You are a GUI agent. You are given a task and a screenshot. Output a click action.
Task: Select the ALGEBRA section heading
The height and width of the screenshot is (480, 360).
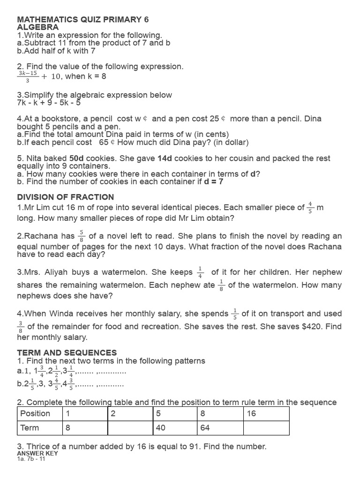pyautogui.click(x=38, y=28)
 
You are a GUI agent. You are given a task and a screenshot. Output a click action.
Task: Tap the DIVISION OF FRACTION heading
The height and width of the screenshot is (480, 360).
pyautogui.click(x=66, y=197)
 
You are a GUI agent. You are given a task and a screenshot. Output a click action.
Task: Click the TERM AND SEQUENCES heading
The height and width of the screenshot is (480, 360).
pyautogui.click(x=67, y=352)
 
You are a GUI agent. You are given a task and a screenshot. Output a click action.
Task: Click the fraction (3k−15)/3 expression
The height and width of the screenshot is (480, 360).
pyautogui.click(x=27, y=76)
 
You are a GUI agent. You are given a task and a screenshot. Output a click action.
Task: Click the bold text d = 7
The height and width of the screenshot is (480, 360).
pyautogui.click(x=214, y=181)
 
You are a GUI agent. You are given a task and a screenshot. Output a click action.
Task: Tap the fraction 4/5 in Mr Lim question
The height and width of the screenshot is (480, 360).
pyautogui.click(x=310, y=207)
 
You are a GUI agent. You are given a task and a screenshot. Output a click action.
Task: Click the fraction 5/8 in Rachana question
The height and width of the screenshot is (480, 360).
pyautogui.click(x=82, y=235)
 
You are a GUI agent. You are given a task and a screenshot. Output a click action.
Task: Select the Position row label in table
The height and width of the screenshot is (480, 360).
pyautogui.click(x=35, y=413)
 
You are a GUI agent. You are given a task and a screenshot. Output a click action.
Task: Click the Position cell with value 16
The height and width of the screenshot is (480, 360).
pyautogui.click(x=266, y=413)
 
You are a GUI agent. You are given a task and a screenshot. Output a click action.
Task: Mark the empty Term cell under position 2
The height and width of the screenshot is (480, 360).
pyautogui.click(x=130, y=427)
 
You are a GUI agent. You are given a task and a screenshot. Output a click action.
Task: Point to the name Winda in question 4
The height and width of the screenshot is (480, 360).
pyautogui.click(x=56, y=314)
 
